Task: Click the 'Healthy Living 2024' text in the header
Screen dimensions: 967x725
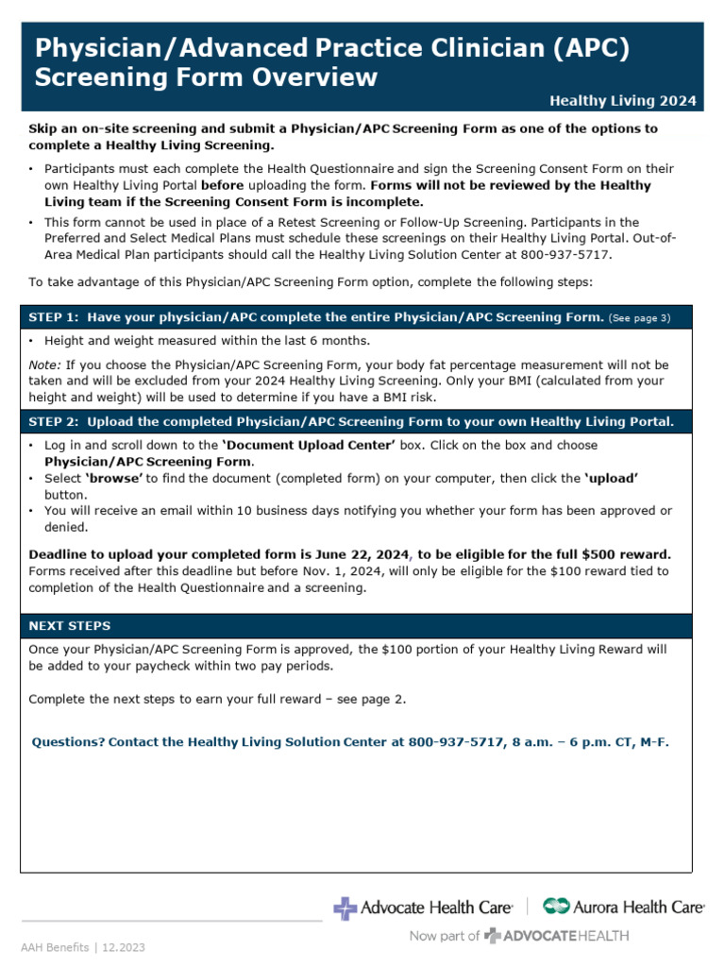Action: pyautogui.click(x=623, y=100)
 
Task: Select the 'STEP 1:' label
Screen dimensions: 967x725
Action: pyautogui.click(x=55, y=317)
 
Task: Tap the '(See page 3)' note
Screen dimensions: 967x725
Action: pyautogui.click(x=639, y=318)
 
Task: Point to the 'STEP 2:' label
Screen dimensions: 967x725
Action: pyautogui.click(x=55, y=421)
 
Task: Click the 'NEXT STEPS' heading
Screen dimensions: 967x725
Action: pyautogui.click(x=70, y=625)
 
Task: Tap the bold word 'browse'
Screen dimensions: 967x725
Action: pyautogui.click(x=116, y=479)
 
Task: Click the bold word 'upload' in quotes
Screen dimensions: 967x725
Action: pyautogui.click(x=612, y=479)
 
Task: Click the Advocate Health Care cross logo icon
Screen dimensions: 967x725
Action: pyautogui.click(x=346, y=908)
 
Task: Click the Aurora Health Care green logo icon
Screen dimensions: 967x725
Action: pyautogui.click(x=556, y=907)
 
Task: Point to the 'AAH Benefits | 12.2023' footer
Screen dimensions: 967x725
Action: pyautogui.click(x=84, y=946)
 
